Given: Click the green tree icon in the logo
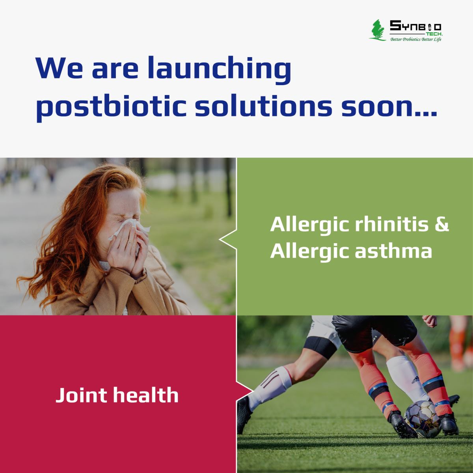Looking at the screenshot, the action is point(377,30).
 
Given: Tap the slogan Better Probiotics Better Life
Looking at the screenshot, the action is point(416,39).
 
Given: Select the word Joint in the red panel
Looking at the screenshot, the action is point(82,395).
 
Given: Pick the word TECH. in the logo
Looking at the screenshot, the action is point(435,34).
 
